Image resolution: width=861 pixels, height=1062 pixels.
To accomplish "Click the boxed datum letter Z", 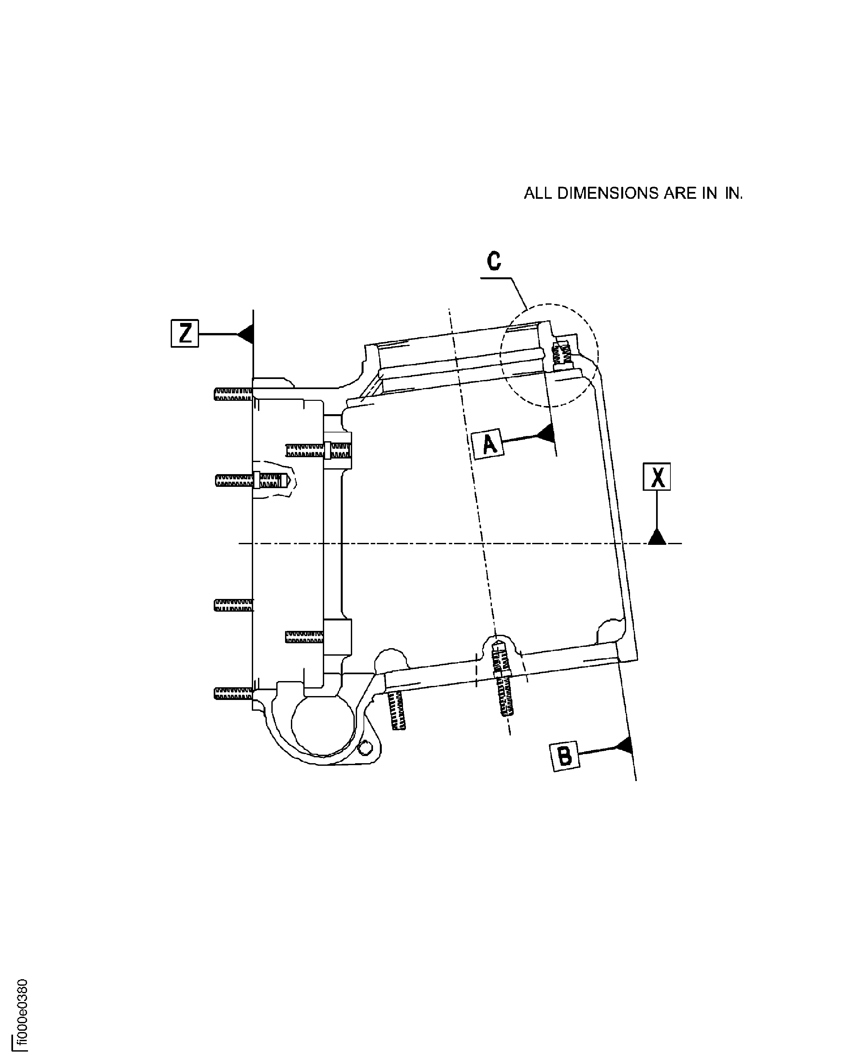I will [x=184, y=333].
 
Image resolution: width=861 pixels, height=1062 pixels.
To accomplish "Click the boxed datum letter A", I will [x=489, y=444].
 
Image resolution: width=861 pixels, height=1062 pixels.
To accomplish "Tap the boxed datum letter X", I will [x=657, y=477].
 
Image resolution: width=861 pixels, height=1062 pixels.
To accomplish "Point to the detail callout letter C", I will [x=494, y=261].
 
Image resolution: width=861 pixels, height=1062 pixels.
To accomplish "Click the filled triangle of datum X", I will [x=657, y=537].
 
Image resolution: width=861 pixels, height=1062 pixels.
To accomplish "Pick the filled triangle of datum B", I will [x=624, y=895].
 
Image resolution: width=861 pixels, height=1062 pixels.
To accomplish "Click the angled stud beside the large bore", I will [x=397, y=711].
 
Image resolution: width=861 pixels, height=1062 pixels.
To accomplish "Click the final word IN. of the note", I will [x=733, y=194].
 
